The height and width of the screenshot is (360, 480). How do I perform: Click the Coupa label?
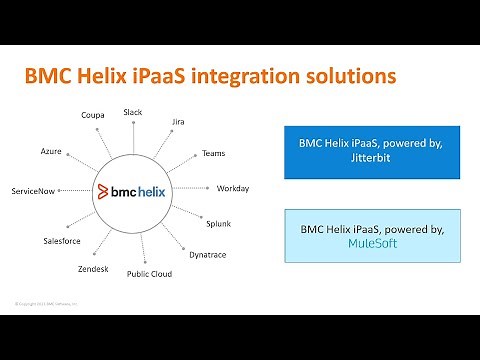click(93, 115)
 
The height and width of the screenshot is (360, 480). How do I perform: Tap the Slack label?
click(133, 112)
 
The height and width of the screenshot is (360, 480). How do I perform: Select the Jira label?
click(178, 122)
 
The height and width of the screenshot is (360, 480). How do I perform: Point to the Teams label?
click(213, 153)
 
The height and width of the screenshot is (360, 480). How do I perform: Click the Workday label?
click(233, 188)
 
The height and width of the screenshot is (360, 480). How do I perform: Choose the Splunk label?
click(218, 222)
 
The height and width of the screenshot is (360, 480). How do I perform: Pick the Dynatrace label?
click(207, 255)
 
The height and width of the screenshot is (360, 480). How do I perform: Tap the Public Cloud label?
click(149, 273)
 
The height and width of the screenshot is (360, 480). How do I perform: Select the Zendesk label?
click(93, 270)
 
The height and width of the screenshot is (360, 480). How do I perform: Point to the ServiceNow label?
click(33, 190)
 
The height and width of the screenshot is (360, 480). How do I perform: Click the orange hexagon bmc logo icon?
click(106, 190)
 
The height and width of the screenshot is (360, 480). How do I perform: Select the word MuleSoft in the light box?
click(355, 242)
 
